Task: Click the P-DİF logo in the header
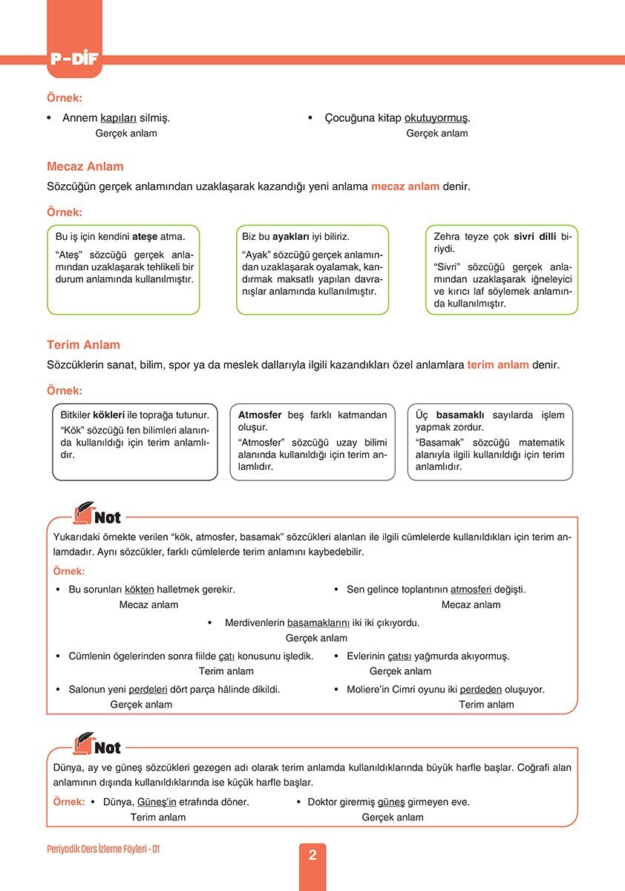click(x=74, y=59)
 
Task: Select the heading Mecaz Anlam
click(x=85, y=166)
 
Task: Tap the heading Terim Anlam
click(x=82, y=345)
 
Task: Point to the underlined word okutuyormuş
click(x=436, y=117)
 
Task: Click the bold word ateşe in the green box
click(x=146, y=237)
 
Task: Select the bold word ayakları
click(x=292, y=237)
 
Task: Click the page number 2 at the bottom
click(x=312, y=855)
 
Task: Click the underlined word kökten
click(x=140, y=590)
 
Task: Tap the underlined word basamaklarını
click(x=318, y=623)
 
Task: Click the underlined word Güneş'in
click(x=157, y=802)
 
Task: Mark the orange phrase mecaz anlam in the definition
click(x=405, y=186)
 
